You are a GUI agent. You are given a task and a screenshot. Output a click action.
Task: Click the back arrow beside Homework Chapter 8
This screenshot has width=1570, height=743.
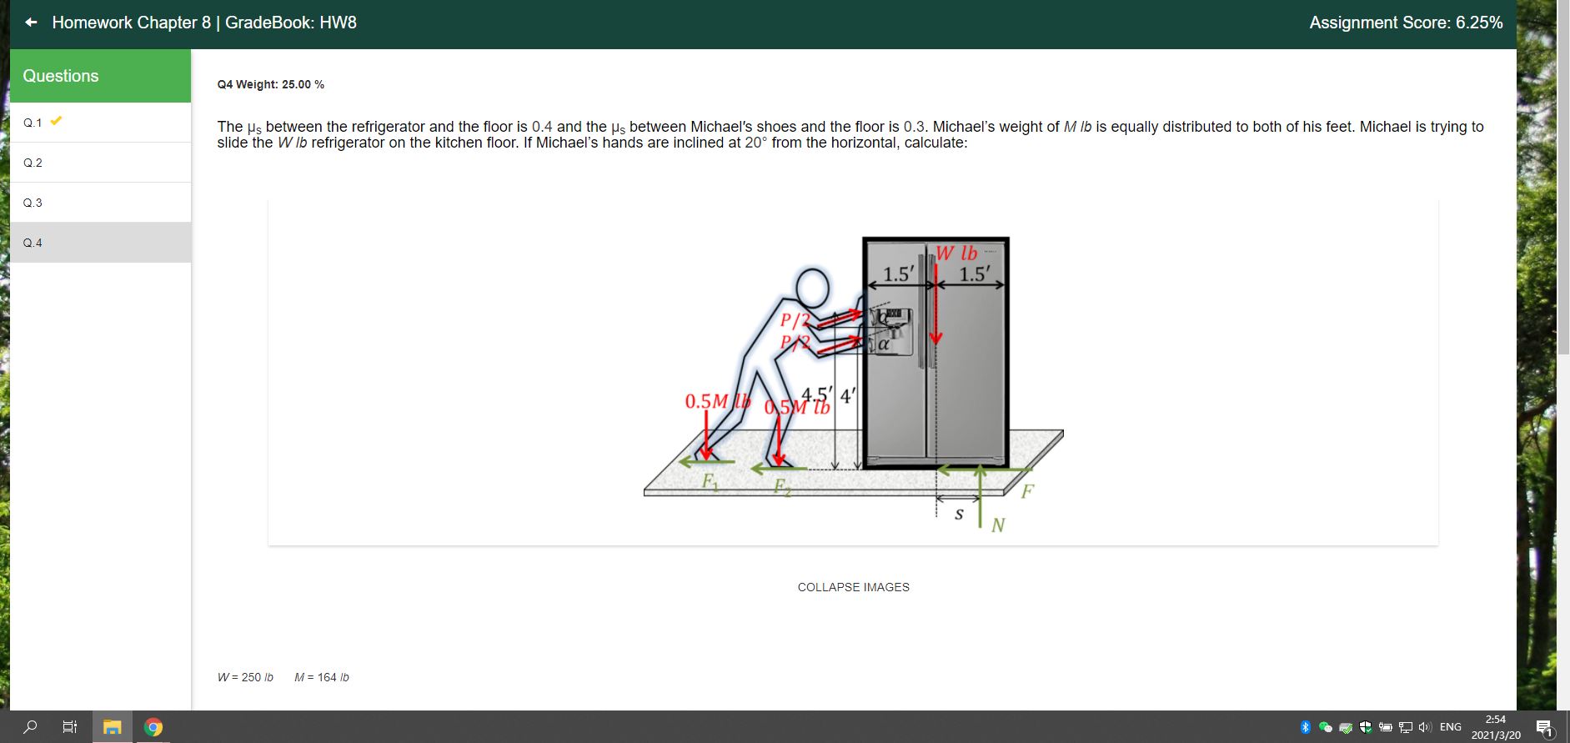pyautogui.click(x=31, y=23)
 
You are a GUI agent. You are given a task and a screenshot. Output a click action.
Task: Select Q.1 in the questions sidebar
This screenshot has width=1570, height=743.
pyautogui.click(x=33, y=123)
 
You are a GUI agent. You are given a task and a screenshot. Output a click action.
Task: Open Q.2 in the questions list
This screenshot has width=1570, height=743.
pyautogui.click(x=33, y=163)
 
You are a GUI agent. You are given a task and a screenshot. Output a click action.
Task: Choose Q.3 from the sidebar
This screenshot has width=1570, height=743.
pyautogui.click(x=33, y=203)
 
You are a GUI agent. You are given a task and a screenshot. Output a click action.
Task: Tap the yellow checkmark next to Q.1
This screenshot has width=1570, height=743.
pyautogui.click(x=56, y=121)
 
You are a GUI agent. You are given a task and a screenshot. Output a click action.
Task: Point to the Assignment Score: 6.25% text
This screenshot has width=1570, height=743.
pyautogui.click(x=1405, y=23)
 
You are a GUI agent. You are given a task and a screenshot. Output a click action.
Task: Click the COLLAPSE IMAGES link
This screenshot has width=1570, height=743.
pyautogui.click(x=853, y=587)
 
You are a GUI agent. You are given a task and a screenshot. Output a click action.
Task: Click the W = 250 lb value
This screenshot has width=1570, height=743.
pyautogui.click(x=245, y=677)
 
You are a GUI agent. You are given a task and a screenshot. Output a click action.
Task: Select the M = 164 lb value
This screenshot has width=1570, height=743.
pyautogui.click(x=322, y=677)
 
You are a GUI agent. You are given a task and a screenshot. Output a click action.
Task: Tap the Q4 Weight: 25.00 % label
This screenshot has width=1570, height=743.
pyautogui.click(x=270, y=84)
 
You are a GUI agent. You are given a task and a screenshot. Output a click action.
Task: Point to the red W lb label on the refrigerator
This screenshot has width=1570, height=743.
pyautogui.click(x=956, y=253)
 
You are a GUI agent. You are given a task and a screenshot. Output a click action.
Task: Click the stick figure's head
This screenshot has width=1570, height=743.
pyautogui.click(x=812, y=289)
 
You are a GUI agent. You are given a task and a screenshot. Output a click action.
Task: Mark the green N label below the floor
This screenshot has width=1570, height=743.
pyautogui.click(x=998, y=525)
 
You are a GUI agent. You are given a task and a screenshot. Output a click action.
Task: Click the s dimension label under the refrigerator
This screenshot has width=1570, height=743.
pyautogui.click(x=959, y=515)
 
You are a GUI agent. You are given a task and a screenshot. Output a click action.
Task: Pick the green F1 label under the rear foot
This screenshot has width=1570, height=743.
pyautogui.click(x=710, y=481)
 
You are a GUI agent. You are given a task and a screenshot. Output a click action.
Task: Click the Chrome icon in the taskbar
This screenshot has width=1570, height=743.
pyautogui.click(x=153, y=727)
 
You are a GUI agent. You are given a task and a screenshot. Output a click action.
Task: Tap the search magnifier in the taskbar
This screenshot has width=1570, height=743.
pyautogui.click(x=30, y=727)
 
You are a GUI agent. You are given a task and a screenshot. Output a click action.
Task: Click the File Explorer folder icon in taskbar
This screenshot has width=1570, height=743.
pyautogui.click(x=112, y=727)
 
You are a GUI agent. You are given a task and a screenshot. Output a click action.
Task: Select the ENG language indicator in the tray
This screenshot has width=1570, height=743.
pyautogui.click(x=1450, y=727)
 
